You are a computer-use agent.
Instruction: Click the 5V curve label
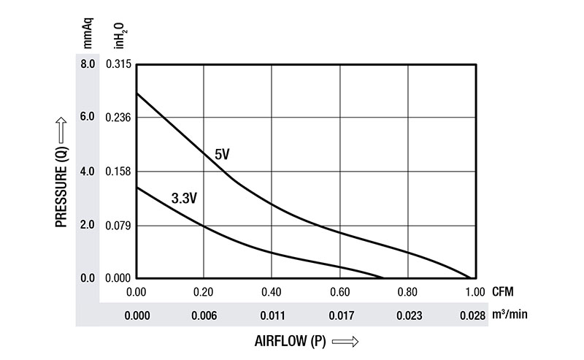222,155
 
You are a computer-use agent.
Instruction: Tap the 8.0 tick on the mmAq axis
88,64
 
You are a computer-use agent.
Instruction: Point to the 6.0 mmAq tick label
88,118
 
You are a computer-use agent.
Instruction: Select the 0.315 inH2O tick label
118,64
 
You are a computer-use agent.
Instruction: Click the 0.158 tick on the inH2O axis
118,172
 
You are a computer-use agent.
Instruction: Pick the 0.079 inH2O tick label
118,225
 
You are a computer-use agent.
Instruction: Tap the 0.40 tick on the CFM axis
272,293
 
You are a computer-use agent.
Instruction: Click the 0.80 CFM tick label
407,293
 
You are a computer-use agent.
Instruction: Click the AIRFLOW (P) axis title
289,340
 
